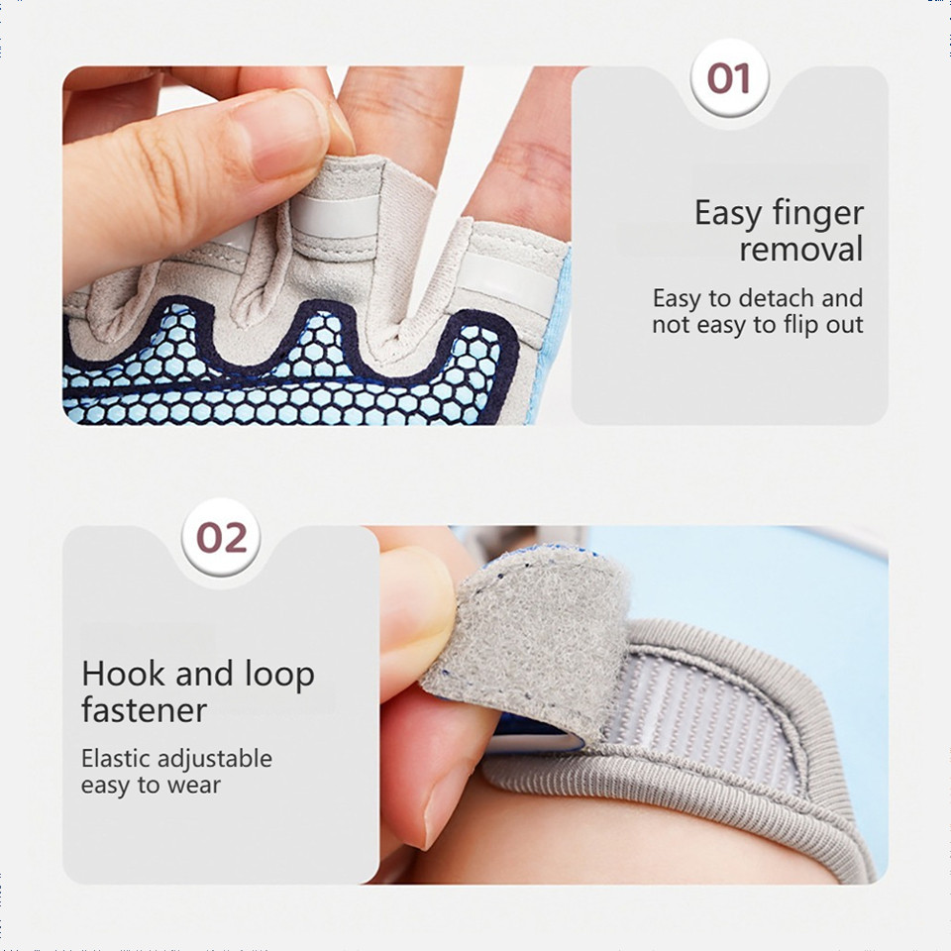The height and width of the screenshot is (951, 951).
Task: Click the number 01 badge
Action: point(729,78)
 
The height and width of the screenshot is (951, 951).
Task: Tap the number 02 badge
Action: point(221,537)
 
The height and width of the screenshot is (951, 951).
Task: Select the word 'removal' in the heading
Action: point(800,250)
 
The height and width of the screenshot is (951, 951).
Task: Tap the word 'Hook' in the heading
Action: point(123,674)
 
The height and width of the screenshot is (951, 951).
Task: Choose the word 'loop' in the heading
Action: point(279,675)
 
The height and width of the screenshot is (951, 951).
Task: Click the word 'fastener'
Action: point(145,709)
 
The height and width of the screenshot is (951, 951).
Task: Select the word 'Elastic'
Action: point(116,758)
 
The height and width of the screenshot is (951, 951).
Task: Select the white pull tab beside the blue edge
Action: point(507,280)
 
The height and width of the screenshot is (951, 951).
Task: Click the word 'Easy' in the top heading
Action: point(728,215)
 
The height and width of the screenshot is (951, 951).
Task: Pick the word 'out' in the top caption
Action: point(845,325)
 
